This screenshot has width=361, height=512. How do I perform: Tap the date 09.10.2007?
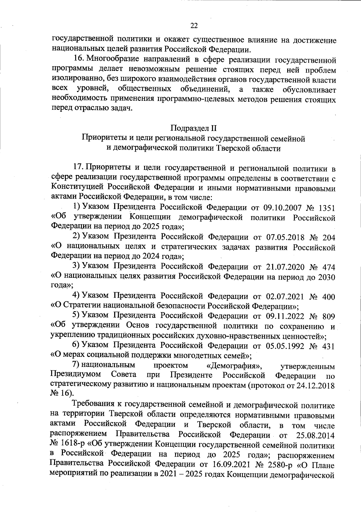pyautogui.click(x=282, y=208)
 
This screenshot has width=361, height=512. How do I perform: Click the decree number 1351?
pyautogui.click(x=326, y=208)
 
